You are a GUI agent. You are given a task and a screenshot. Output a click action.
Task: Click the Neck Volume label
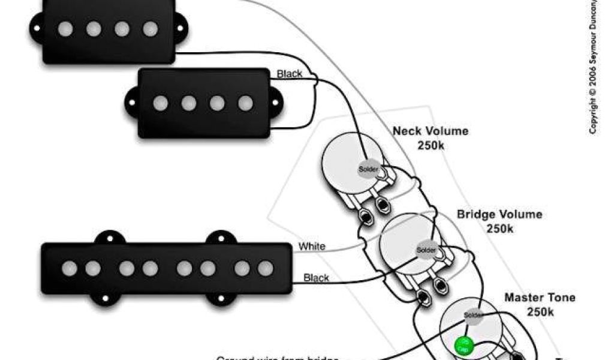[x=431, y=131]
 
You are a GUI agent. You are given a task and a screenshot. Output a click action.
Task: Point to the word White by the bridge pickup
[x=312, y=246]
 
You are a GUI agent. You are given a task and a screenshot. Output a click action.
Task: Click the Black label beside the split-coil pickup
[x=289, y=74]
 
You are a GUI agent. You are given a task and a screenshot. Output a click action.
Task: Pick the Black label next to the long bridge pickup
[x=316, y=278]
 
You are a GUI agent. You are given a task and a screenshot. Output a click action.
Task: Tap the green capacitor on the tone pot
[x=462, y=345]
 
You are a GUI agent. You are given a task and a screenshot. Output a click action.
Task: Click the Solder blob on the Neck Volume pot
[x=369, y=170]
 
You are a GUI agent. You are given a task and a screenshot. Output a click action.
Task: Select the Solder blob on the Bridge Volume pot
[x=426, y=250]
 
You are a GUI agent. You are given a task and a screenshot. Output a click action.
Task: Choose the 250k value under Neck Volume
[x=431, y=145]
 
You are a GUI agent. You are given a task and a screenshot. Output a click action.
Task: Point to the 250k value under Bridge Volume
[x=499, y=228]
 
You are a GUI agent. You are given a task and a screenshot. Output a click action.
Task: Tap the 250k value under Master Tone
[x=540, y=312]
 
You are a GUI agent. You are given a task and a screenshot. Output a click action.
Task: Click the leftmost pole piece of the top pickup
[x=65, y=28]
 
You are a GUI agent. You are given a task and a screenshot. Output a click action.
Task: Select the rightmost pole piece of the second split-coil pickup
[x=245, y=103]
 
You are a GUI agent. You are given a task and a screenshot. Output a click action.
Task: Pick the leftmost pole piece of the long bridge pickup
[x=70, y=268]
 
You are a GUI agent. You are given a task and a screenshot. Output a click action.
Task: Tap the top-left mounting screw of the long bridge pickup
[x=106, y=239]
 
